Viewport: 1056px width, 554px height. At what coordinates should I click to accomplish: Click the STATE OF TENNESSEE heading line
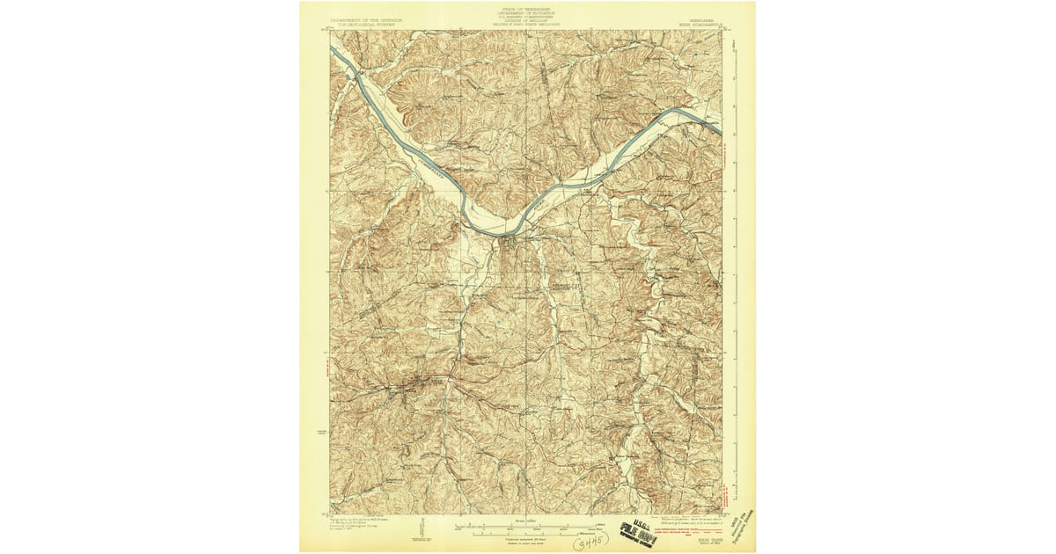click(x=527, y=5)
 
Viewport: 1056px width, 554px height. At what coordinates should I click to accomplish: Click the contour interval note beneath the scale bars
click(x=526, y=538)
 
